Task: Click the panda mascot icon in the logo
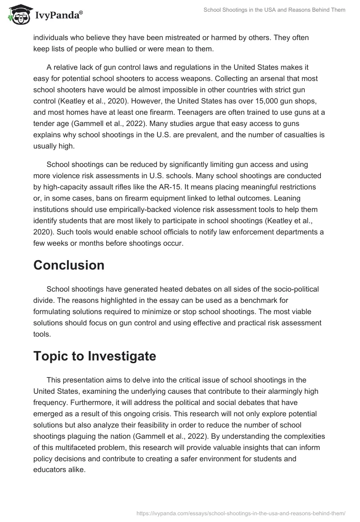coord(18,15)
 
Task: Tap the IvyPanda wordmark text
coord(59,15)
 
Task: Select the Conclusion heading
coord(69,265)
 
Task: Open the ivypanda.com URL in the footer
coord(240,513)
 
